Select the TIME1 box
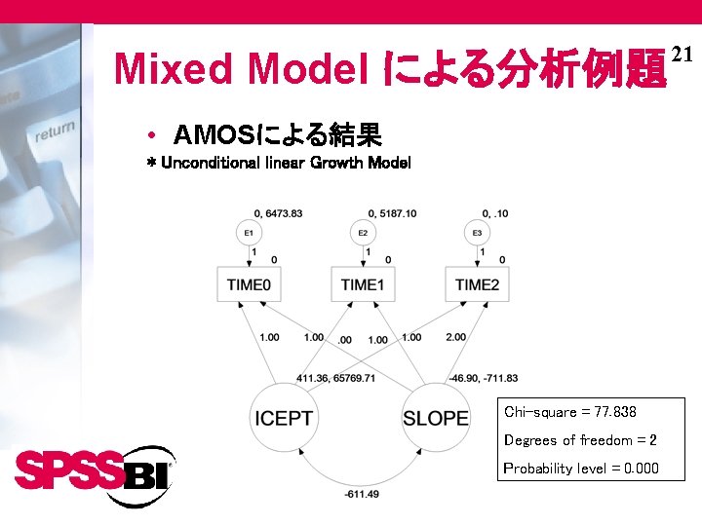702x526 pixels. (363, 284)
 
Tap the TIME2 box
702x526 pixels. (477, 284)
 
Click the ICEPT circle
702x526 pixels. (284, 418)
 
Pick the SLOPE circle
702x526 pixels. (435, 418)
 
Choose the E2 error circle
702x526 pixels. (363, 233)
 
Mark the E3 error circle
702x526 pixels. (477, 233)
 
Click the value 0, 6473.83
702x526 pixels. (277, 213)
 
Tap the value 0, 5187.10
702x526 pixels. (392, 213)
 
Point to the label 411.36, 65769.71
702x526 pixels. (335, 378)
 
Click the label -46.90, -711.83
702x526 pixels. (477, 378)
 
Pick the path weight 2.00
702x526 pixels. (454, 337)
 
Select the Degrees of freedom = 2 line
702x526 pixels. (580, 440)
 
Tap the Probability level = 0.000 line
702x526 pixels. (581, 469)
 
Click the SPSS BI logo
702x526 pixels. (94, 474)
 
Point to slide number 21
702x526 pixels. (682, 56)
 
